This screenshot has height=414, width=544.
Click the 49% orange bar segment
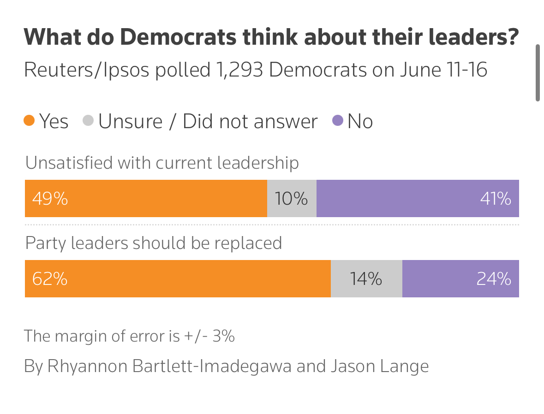[x=146, y=199]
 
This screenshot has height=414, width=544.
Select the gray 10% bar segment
[x=292, y=199]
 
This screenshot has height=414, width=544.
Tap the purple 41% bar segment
[x=418, y=199]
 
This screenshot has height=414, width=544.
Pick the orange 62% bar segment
[x=178, y=279]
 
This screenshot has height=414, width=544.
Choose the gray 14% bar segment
[x=366, y=279]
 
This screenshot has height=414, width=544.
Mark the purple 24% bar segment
[x=460, y=279]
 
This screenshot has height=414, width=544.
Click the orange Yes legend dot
[x=30, y=121]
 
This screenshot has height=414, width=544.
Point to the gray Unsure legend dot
[x=88, y=121]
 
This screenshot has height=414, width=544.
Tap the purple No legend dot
[x=338, y=121]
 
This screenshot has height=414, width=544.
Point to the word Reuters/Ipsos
[x=86, y=70]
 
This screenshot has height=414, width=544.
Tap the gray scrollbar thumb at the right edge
[x=538, y=73]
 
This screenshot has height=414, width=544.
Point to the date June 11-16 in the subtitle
[x=443, y=70]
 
